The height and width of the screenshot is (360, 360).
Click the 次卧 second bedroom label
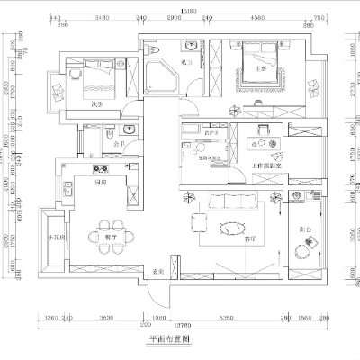coord(96,103)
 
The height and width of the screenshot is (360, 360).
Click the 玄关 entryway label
coord(157,272)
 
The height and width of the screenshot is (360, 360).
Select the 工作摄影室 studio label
coord(268,166)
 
